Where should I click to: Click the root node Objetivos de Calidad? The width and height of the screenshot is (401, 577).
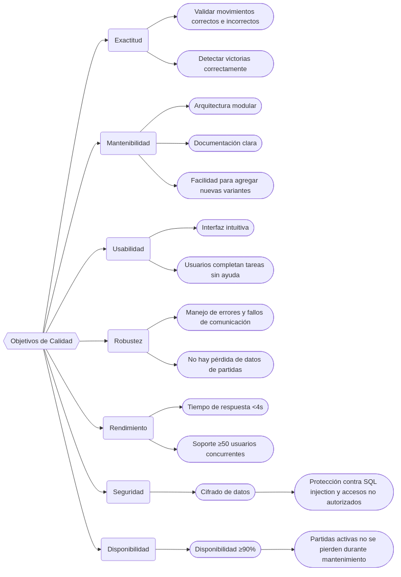[x=41, y=341]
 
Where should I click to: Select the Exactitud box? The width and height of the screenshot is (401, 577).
[x=128, y=40]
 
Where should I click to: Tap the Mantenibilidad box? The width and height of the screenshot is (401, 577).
[x=128, y=143]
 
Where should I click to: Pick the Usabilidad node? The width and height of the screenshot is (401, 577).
[x=128, y=249]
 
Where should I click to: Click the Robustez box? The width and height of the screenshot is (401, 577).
[x=128, y=341]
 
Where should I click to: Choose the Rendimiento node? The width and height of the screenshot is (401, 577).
[x=128, y=428]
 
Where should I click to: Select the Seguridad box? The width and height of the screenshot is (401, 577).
[x=128, y=492]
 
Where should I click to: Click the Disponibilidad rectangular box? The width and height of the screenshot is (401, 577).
[x=128, y=549]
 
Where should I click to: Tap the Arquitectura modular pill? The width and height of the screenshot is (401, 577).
[x=225, y=106]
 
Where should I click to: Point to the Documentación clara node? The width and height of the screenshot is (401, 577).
[x=225, y=143]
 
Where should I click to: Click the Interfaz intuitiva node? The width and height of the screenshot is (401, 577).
[x=225, y=228]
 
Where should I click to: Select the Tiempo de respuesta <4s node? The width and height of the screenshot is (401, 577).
[x=225, y=407]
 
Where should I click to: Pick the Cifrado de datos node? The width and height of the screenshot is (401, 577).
[x=225, y=492]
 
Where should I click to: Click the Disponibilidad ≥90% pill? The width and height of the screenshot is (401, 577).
[x=225, y=549]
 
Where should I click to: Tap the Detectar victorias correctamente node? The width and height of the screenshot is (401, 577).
[x=225, y=64]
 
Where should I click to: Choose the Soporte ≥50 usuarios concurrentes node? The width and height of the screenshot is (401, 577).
[x=225, y=449]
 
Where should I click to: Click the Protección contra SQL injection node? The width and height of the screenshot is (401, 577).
[x=344, y=492]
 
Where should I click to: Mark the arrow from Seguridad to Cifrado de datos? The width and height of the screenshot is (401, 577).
[x=173, y=492]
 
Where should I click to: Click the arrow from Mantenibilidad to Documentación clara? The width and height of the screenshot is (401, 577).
[x=172, y=143]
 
